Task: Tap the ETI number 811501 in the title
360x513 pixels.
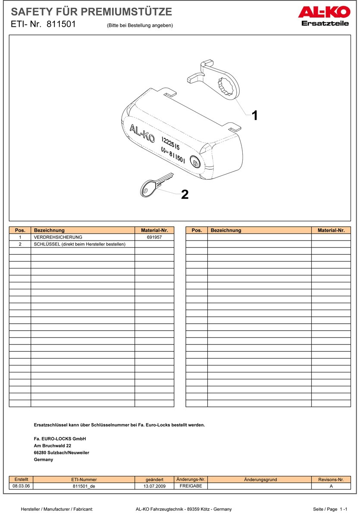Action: coord(61,25)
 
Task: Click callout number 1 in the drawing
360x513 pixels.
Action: coord(255,116)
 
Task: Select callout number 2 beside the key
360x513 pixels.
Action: coord(185,195)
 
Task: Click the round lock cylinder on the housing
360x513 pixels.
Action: coord(196,163)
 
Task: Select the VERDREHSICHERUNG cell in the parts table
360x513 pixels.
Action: coord(58,237)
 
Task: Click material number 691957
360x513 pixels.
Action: coord(154,237)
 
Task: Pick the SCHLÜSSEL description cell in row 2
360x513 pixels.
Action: coord(79,244)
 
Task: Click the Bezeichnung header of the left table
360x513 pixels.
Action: coord(49,230)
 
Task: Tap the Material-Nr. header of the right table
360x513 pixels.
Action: coord(331,230)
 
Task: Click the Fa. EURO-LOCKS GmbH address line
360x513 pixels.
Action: coord(60,439)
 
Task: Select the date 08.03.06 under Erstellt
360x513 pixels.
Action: coord(21,486)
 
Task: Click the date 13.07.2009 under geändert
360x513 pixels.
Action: coord(154,486)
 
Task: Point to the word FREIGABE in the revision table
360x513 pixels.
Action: coord(191,486)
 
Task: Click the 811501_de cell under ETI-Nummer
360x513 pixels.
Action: coord(84,486)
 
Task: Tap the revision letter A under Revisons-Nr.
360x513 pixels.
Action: coord(331,486)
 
